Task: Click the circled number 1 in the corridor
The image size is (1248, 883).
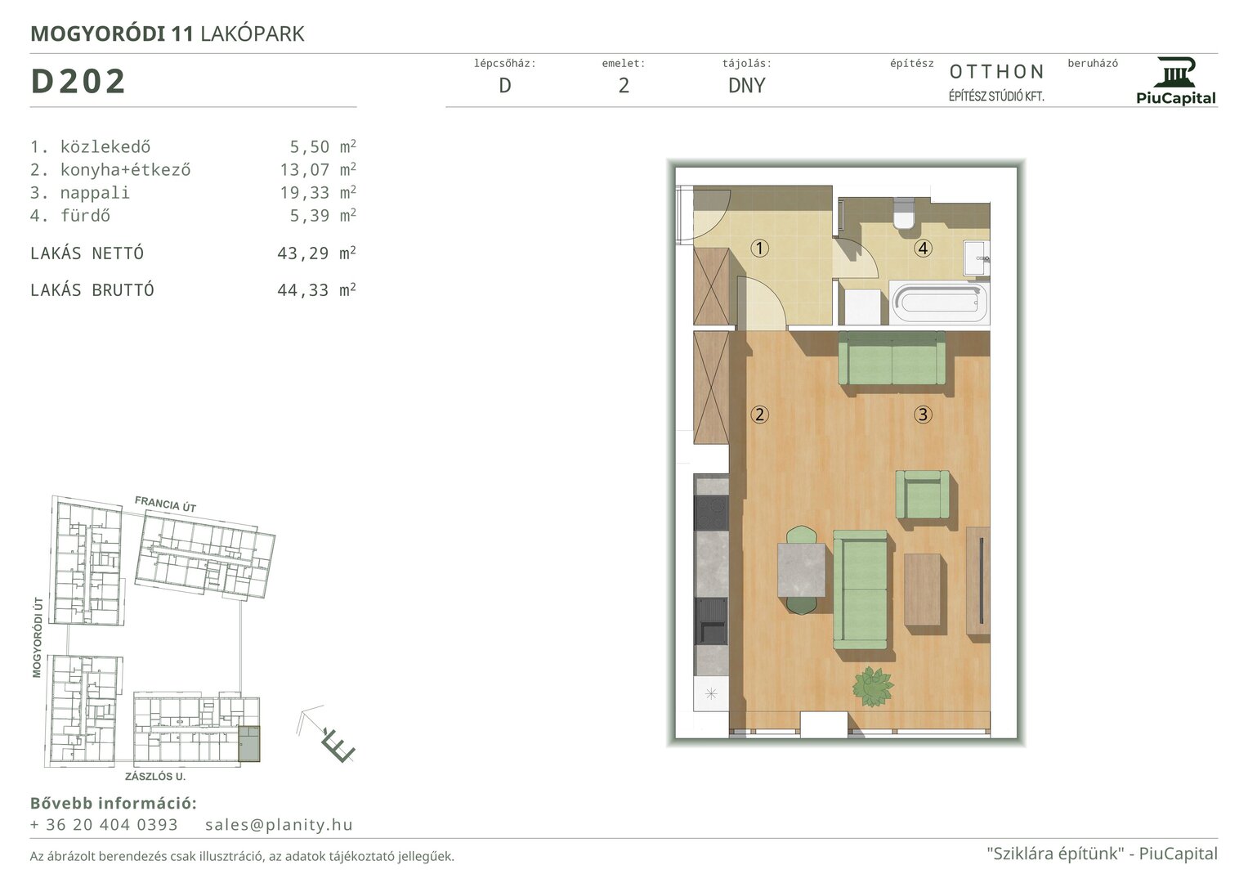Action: point(759,248)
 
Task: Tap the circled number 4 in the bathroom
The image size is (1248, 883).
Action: point(924,248)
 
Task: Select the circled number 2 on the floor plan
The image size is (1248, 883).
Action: point(759,415)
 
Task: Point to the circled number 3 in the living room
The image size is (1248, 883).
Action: point(924,415)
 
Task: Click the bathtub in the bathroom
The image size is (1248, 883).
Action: point(939,303)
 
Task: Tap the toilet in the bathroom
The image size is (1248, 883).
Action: point(903,214)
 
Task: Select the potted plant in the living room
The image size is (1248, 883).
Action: point(872,687)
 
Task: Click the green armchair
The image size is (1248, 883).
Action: point(923,494)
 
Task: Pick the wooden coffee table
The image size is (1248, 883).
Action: point(922,589)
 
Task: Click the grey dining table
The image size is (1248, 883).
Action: point(801,570)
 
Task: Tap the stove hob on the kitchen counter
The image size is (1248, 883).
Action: point(712,513)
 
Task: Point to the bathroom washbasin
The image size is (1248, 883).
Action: point(976,258)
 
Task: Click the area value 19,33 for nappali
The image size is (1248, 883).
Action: point(305,193)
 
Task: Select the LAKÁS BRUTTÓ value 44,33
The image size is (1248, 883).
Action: point(303,290)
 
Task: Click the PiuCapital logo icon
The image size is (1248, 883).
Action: point(1175,73)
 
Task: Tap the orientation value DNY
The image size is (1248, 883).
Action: point(746,85)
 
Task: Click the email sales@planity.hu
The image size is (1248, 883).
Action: point(280,824)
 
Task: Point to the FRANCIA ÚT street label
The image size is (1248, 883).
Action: point(165,504)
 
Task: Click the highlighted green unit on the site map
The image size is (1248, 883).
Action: point(249,744)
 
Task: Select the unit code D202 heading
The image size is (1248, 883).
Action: point(78,82)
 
